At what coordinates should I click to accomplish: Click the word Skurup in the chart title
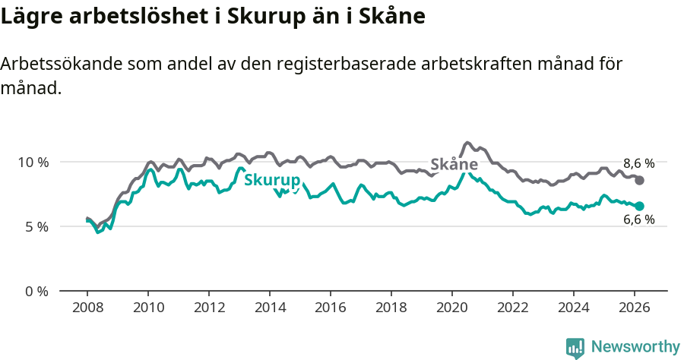point(262,15)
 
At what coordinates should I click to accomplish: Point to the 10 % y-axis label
point(33,162)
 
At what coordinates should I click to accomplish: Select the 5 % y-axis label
point(36,226)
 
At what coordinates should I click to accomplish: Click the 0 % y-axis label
point(36,291)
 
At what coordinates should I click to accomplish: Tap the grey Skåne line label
point(454,164)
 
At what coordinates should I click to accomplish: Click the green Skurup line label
point(271,180)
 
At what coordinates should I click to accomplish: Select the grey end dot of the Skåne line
point(640,180)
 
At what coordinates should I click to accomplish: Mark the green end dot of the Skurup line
point(640,206)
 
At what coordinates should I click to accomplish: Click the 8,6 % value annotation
point(638,163)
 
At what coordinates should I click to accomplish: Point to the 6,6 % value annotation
point(638,220)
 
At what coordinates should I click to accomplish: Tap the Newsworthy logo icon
point(575,347)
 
